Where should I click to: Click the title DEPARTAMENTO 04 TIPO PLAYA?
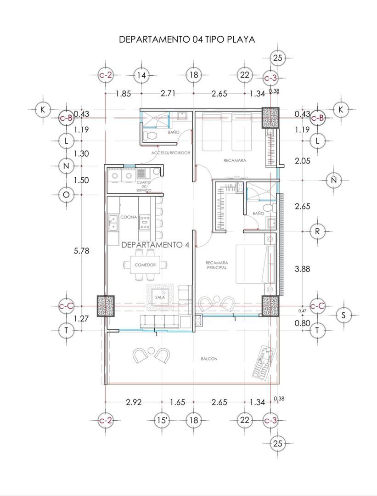(x=187, y=39)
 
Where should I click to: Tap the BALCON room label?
(x=209, y=359)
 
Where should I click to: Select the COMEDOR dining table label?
(x=145, y=265)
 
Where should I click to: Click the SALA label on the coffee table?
(x=160, y=297)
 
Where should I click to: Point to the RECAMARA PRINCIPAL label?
(x=217, y=265)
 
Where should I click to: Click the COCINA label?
(x=129, y=217)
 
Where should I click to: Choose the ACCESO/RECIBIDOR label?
(x=171, y=153)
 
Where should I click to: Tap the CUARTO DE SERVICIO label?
(x=144, y=186)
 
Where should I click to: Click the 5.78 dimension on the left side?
(x=82, y=251)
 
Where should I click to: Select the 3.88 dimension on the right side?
(x=302, y=269)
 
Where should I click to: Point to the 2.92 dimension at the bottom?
(x=134, y=402)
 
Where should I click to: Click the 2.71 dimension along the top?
(x=169, y=94)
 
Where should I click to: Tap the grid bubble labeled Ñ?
(x=334, y=180)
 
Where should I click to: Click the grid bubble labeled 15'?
(x=162, y=420)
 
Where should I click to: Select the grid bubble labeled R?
(x=317, y=231)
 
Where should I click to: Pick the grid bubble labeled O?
(x=66, y=195)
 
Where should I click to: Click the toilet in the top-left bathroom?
(x=150, y=136)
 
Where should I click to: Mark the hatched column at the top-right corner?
(x=270, y=118)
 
